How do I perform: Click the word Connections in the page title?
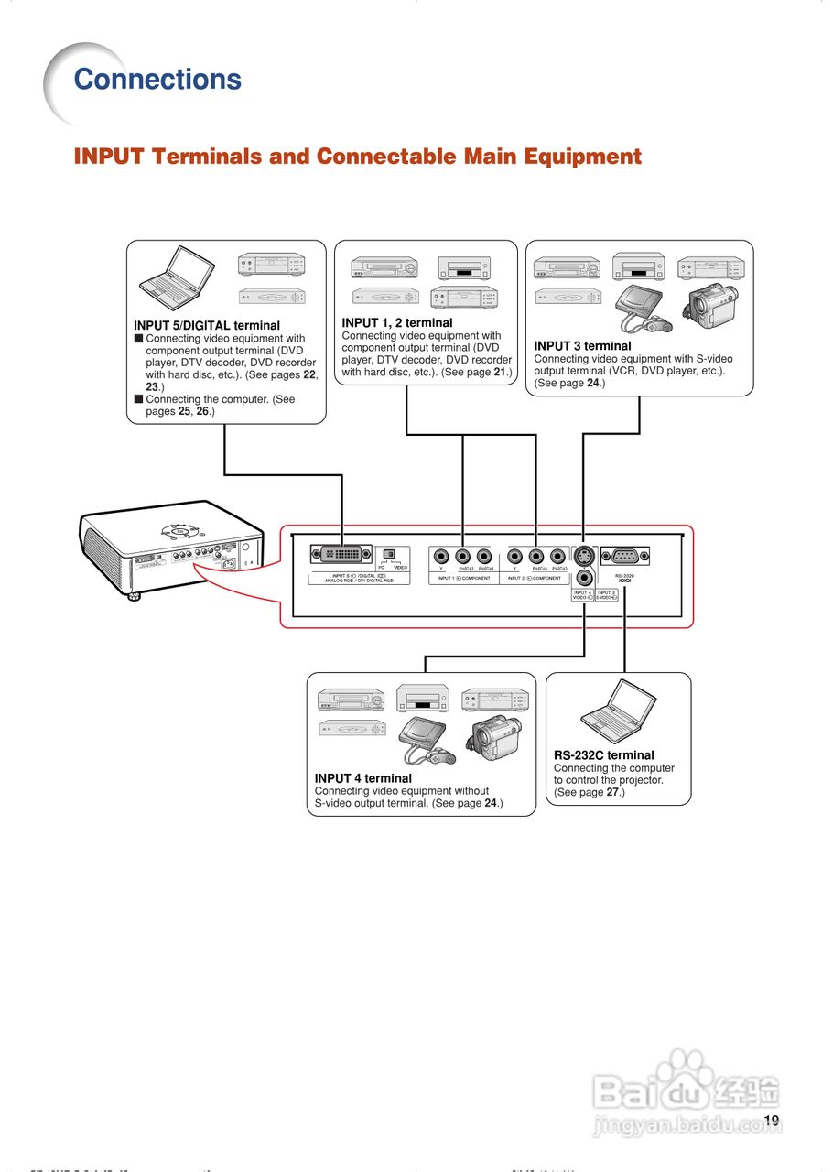(157, 80)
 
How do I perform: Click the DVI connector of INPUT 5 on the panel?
(341, 555)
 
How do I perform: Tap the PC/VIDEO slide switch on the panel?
(388, 554)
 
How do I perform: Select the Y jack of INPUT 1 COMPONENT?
(441, 556)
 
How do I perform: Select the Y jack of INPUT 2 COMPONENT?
(514, 556)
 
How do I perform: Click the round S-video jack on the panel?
(583, 555)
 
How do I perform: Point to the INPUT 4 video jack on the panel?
(583, 577)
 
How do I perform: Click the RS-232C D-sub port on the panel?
(625, 555)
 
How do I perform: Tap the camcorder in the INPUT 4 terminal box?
(495, 739)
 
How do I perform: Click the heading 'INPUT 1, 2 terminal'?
(396, 323)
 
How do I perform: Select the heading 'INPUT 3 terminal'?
(582, 346)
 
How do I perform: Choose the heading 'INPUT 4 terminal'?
(362, 778)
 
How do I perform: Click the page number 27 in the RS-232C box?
(612, 792)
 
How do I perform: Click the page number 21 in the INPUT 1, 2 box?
(500, 373)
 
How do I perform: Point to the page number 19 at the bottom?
(771, 1121)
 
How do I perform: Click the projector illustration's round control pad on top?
(178, 529)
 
